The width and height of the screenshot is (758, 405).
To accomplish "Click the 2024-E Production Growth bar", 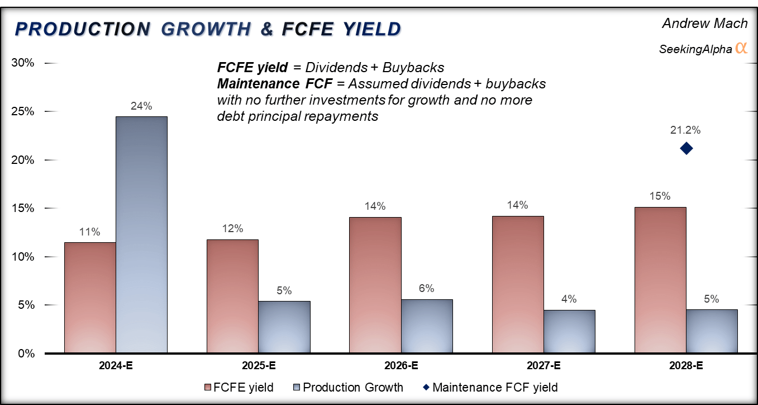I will pos(141,235).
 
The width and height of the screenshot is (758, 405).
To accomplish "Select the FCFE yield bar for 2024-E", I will pos(90,298).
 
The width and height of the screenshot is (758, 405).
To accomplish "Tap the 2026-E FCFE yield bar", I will pos(375,285).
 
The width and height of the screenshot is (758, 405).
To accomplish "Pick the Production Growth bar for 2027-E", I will pos(569,332).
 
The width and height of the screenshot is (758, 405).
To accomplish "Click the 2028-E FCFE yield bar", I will pos(660,280).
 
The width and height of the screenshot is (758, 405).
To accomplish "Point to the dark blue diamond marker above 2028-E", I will pos(686,148).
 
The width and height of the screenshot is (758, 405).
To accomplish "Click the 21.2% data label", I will pos(685,130).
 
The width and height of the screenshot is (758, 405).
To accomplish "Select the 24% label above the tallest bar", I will pos(141,106).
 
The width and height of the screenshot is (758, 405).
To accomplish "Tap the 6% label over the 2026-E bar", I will pos(427,289).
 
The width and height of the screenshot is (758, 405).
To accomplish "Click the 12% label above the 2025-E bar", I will pos(232,228).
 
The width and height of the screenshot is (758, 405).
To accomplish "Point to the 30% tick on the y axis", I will pos(23,63).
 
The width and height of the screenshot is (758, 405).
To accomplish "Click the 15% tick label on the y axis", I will pos(23,208).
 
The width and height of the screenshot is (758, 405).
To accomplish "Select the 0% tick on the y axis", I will pos(26,354).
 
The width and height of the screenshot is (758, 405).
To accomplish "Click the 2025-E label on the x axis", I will pos(258,366).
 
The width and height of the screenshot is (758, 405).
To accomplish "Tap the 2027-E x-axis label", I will pos(544,366).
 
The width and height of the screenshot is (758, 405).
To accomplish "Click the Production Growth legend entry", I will pos(346,387).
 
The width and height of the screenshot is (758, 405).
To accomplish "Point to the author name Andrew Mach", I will pos(704,23).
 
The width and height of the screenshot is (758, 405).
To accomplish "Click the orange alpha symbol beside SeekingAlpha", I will pos(741,48).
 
